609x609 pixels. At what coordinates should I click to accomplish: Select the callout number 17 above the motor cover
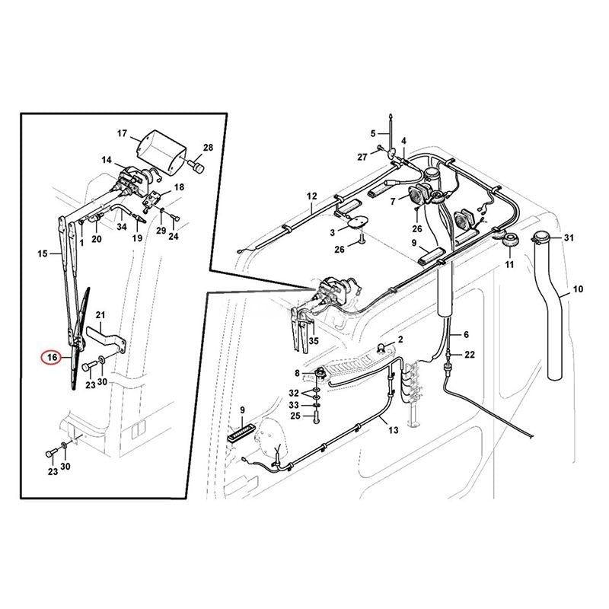point(122,135)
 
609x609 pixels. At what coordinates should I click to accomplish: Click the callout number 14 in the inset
point(106,161)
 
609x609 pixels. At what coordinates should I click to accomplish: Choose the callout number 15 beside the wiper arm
point(43,252)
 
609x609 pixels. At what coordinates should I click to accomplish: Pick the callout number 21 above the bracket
point(100,315)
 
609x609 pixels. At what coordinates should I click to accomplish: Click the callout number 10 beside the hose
point(578,289)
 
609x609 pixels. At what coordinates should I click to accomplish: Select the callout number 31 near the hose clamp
point(567,239)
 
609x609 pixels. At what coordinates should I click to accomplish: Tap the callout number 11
point(509,264)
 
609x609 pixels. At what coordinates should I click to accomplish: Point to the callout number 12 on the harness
point(311,196)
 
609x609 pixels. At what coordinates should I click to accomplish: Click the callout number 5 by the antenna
point(373,133)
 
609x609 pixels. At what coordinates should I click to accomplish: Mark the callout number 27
point(363,157)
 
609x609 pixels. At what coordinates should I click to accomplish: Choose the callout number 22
point(470,356)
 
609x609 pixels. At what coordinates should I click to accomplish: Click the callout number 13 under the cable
point(393,431)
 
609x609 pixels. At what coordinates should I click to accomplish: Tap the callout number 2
point(400,338)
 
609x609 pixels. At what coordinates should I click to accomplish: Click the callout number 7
point(393,202)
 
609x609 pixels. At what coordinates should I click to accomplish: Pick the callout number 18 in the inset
point(179,187)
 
